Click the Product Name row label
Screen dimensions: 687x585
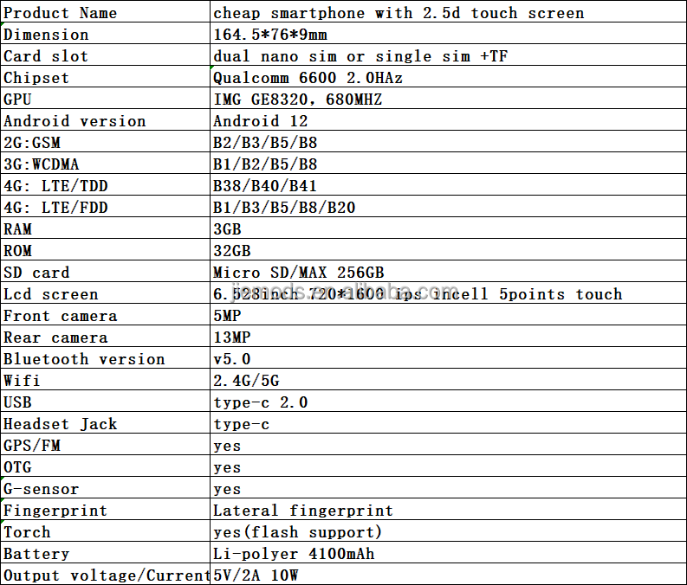61,13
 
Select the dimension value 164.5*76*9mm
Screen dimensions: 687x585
269,35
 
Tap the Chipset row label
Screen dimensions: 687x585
36,78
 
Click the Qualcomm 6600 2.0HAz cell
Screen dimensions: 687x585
308,78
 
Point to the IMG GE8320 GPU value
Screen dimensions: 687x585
297,100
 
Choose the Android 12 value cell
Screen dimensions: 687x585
261,121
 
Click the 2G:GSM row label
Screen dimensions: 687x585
32,143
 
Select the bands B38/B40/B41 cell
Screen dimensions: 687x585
265,186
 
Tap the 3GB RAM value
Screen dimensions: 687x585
227,229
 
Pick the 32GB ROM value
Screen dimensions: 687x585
231,251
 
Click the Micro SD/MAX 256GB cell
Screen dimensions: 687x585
299,273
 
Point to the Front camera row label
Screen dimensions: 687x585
61,316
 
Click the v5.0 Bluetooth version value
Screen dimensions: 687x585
231,359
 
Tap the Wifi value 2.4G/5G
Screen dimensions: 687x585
246,381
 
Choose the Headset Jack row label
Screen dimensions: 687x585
61,424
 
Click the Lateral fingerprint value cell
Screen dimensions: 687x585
303,511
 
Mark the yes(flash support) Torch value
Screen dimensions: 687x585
297,532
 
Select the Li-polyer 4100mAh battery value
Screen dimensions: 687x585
294,554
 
